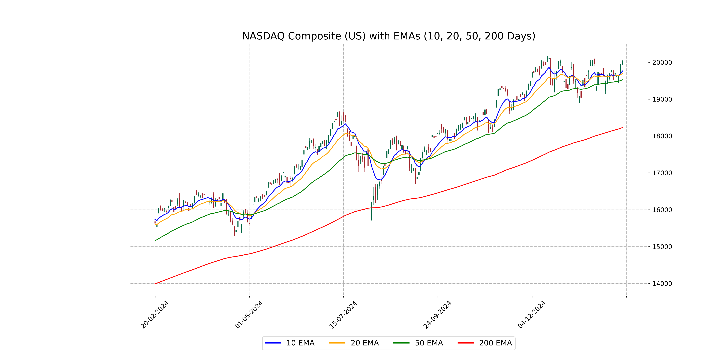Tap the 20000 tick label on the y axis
pyautogui.click(x=662, y=62)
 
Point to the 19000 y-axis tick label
pyautogui.click(x=662, y=99)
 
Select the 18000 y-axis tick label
pyautogui.click(x=662, y=136)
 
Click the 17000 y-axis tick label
pyautogui.click(x=662, y=173)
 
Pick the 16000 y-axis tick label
pyautogui.click(x=662, y=210)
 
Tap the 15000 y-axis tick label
pyautogui.click(x=662, y=247)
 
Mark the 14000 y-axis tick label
pyautogui.click(x=662, y=284)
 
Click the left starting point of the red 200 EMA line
pyautogui.click(x=155, y=284)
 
